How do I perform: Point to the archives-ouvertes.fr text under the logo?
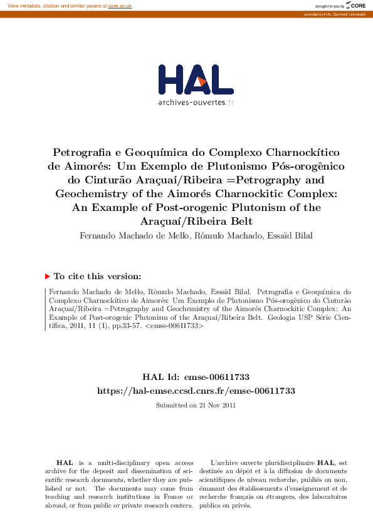(x=196, y=102)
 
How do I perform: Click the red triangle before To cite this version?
(x=47, y=276)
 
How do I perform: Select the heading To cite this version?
(x=97, y=276)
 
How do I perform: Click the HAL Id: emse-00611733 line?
(x=196, y=377)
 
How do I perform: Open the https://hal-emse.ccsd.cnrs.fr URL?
(x=196, y=391)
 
